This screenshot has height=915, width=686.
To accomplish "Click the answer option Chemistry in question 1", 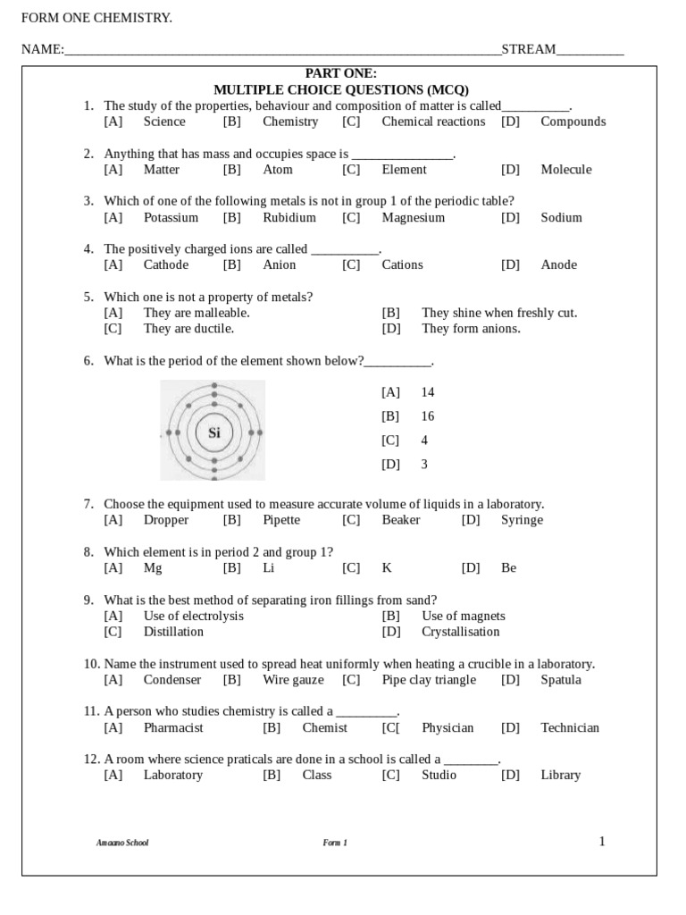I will tap(289, 122).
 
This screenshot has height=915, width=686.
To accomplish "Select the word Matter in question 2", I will tap(161, 170).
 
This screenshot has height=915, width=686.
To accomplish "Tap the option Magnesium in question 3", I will tap(413, 217).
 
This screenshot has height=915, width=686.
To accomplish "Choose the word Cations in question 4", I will tap(402, 264).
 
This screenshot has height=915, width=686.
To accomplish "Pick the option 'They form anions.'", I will tap(471, 328).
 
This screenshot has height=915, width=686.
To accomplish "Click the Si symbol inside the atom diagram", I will tap(213, 433).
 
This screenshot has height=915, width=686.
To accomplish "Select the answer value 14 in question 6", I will tap(427, 392).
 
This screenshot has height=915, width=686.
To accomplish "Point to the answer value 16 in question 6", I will tap(427, 416).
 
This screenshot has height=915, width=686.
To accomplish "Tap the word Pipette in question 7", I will tap(281, 520).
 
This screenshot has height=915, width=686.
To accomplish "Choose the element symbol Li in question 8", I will tap(269, 567).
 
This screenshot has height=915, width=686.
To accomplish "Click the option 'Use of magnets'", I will tap(463, 616).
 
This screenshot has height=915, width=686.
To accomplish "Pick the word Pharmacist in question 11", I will tap(173, 727).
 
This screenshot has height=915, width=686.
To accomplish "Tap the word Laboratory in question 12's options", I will tap(173, 775).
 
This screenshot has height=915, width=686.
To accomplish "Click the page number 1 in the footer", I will tap(602, 841).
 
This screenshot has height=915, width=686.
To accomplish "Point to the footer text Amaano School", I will tap(122, 843).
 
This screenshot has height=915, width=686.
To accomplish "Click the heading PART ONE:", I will tap(341, 73).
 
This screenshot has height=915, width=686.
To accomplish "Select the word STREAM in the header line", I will tap(528, 49).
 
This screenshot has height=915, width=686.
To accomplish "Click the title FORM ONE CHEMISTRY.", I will tap(96, 18).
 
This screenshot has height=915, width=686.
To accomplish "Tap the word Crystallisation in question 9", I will tap(460, 632).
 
